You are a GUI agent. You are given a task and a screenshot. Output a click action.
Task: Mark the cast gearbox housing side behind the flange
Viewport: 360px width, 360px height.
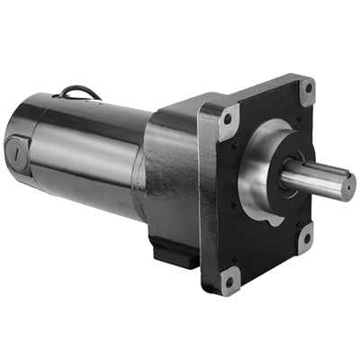coord(175,180)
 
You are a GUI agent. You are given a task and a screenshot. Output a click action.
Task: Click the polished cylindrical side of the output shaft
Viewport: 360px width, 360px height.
coord(315,184)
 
